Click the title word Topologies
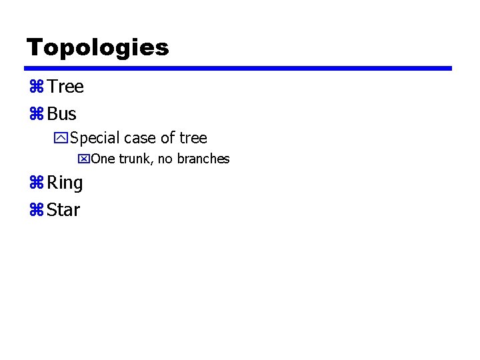pos(97,47)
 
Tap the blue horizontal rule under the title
pos(238,68)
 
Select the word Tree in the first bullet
pos(65,87)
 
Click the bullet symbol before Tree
pos(35,87)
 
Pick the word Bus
pos(62,114)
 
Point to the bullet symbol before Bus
pos(35,114)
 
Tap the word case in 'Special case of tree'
pos(140,138)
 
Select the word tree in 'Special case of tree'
pos(193,138)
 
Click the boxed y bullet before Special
pos(61,139)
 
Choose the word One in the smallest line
pos(103,159)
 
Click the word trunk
pos(135,159)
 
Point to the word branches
pos(203,159)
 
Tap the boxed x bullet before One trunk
pos(84,159)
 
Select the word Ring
pos(65,183)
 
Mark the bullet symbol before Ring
pos(35,183)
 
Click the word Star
pos(64,210)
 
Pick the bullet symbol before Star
pos(35,210)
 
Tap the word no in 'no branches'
pos(165,159)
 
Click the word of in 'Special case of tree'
pos(168,138)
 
